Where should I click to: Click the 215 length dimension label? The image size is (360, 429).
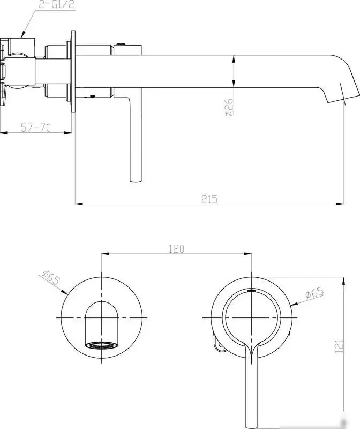(209, 199)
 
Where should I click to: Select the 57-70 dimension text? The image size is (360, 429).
(36, 128)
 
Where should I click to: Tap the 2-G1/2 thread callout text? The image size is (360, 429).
(57, 4)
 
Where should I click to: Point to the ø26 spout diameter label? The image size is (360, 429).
(229, 107)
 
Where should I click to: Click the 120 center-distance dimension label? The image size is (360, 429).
(176, 249)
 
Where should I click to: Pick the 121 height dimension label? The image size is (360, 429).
(339, 346)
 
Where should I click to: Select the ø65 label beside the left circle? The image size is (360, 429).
(51, 277)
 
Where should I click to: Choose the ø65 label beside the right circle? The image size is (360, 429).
(314, 293)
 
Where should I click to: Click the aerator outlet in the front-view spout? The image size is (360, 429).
(101, 345)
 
